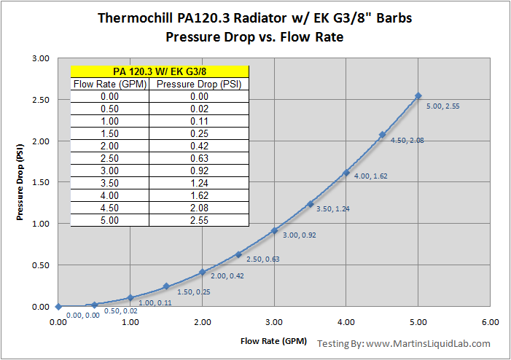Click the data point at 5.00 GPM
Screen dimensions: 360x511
(418, 95)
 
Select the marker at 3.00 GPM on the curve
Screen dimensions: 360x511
(274, 230)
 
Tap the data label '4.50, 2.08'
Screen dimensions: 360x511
(407, 141)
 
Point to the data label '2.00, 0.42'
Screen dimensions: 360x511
(226, 276)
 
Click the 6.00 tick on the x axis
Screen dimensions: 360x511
(490, 321)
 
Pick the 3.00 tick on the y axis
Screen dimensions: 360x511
(40, 58)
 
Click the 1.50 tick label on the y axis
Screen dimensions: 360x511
(40, 183)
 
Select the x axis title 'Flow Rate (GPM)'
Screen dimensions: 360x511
(274, 340)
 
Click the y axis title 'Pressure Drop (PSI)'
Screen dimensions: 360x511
(20, 182)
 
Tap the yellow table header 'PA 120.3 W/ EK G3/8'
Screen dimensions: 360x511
(160, 71)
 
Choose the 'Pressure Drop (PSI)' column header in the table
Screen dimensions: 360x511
(200, 84)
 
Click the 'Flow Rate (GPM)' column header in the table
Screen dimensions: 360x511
(110, 84)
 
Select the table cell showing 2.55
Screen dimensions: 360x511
(200, 220)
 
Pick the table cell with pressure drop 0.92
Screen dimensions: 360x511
(200, 171)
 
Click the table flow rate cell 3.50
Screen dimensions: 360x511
(110, 183)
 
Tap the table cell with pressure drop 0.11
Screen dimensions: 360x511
(200, 121)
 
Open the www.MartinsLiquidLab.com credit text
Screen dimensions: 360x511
(427, 343)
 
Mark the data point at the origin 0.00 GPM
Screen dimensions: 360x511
(58, 307)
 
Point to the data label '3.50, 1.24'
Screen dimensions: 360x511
(333, 209)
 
